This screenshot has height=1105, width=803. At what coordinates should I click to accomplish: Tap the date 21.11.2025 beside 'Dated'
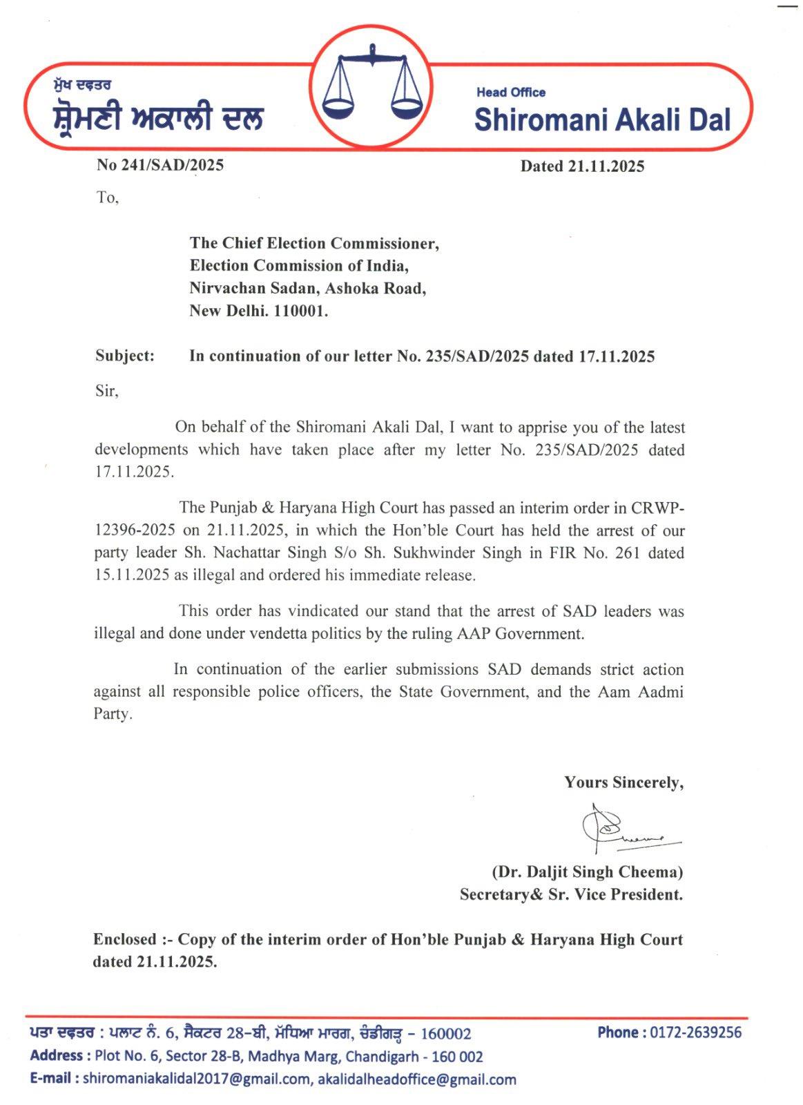click(x=606, y=166)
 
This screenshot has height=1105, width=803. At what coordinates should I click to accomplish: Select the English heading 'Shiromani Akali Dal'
click(x=602, y=119)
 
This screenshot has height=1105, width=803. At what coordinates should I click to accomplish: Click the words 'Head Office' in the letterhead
click(x=511, y=93)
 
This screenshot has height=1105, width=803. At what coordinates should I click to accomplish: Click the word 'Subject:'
click(x=125, y=356)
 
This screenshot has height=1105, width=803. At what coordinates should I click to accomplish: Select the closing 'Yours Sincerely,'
click(x=624, y=782)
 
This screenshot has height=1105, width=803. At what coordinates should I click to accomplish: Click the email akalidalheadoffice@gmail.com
click(x=417, y=1079)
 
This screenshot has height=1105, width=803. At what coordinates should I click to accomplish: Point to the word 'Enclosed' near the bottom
click(x=125, y=939)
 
